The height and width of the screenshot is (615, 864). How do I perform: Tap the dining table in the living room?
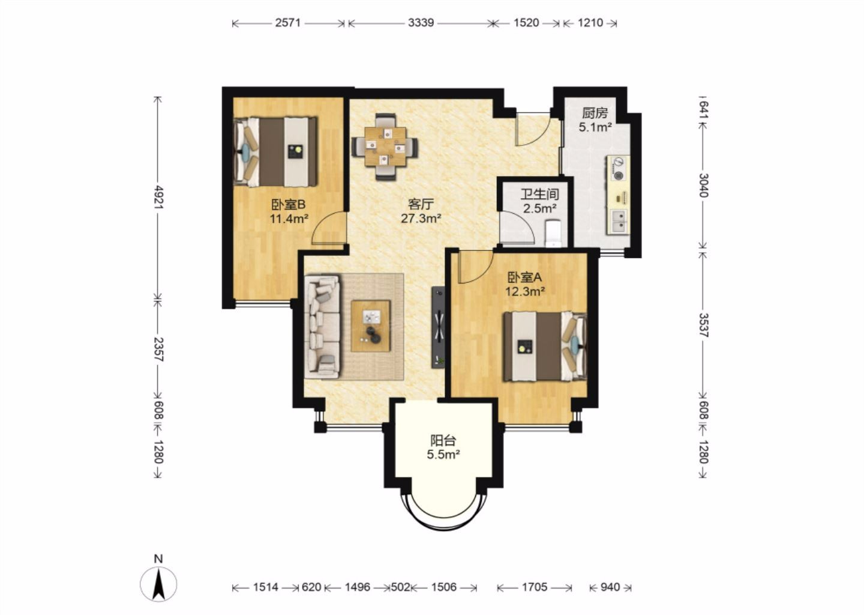coord(385,147)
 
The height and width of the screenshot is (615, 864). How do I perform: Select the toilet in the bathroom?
coord(553,233)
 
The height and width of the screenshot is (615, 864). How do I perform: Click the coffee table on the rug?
coord(371,326)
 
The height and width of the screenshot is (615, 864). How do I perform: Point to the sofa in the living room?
coord(322,326)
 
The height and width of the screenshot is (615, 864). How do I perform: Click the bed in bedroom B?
coord(275,152)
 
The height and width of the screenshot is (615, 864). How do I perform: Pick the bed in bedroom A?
coord(545,347)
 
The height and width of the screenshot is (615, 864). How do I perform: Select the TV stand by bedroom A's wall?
coord(438,327)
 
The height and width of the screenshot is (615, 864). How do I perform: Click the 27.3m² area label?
coord(421,219)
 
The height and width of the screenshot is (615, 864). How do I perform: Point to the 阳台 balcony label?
coord(443,440)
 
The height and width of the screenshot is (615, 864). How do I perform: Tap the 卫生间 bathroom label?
coord(539,194)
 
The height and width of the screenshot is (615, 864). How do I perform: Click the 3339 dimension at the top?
coord(421,23)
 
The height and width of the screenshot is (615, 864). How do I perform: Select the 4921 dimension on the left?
coord(158,197)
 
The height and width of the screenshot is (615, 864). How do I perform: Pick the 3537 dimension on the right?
coord(704,325)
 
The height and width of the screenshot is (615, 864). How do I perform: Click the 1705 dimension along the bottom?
coord(534,587)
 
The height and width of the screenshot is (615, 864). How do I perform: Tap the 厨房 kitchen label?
coord(595,113)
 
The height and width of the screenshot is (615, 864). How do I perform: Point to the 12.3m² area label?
coord(525,291)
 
